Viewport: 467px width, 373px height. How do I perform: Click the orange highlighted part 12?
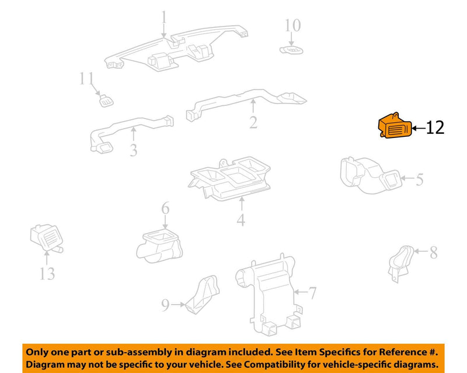(395, 126)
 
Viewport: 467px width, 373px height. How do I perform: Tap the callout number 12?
(435, 127)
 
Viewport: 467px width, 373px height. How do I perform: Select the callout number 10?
(293, 25)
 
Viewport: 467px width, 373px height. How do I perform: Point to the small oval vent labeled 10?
(291, 50)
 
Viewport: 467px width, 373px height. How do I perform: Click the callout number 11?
(86, 78)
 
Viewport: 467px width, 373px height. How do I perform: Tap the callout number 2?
(253, 122)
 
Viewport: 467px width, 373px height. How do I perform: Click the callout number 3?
(134, 150)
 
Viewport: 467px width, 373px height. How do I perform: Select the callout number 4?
(241, 220)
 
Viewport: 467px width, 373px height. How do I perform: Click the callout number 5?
(419, 179)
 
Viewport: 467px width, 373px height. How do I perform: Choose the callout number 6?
(165, 208)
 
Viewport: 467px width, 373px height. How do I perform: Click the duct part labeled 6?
(159, 247)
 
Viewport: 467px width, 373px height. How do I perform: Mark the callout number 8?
(433, 253)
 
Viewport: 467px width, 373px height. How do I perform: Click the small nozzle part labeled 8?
(400, 264)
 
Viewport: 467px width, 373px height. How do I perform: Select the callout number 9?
(165, 305)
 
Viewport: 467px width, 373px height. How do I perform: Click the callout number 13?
(47, 274)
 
